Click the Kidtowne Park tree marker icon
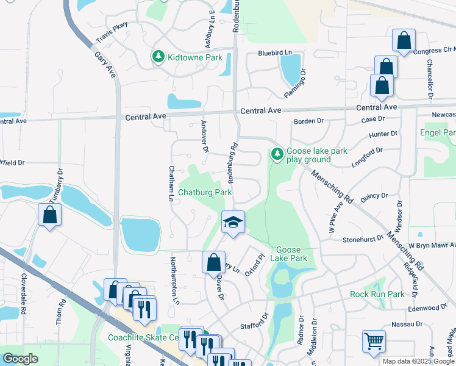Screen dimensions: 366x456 coord(159,57)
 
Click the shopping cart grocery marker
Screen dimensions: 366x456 coord(374,340)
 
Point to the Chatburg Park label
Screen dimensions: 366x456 coord(205,192)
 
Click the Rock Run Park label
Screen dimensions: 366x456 coord(377,294)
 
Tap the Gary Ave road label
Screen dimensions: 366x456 coord(104,64)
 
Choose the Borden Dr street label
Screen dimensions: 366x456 coord(308,121)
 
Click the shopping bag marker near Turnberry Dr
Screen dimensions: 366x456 coord(49,215)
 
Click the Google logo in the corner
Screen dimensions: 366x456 coord(20,359)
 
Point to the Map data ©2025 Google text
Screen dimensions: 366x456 coord(418,361)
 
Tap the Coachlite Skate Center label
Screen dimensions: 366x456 coord(143,337)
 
